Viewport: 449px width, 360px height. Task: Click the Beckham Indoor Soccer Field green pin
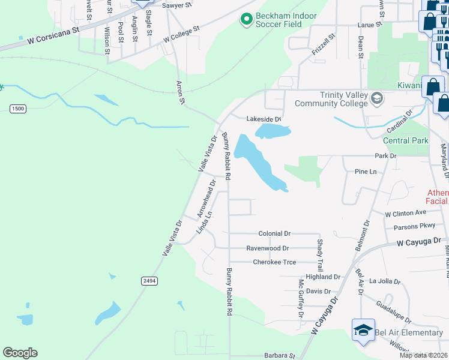(246, 20)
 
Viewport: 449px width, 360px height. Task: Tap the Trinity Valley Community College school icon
(377, 98)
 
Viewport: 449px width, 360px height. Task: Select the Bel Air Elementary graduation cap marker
(363, 330)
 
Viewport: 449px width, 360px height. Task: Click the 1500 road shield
(18, 108)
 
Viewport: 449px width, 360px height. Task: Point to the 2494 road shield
(149, 281)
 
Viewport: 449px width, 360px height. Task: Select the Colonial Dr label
(274, 233)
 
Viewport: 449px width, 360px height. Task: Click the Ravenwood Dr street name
(268, 248)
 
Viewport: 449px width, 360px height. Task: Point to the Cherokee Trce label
(274, 262)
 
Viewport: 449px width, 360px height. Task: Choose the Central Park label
(406, 141)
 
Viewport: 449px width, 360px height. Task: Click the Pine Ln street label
(365, 172)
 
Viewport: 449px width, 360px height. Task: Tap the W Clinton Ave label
(405, 213)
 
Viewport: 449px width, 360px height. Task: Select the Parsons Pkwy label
(414, 227)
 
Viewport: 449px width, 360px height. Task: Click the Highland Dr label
(323, 277)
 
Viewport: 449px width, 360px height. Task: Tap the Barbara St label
(280, 355)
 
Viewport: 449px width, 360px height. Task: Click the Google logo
(20, 353)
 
